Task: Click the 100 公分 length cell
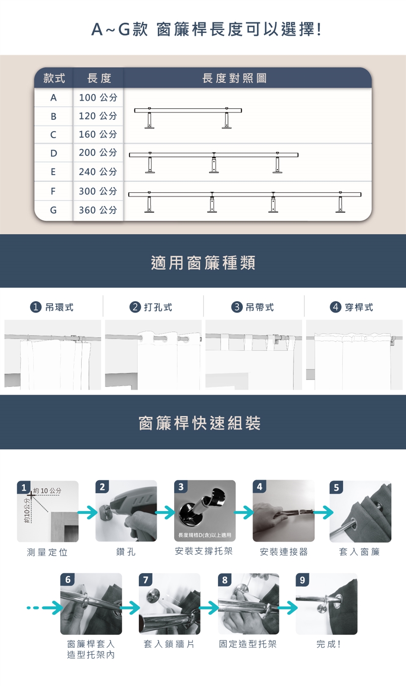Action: (x=98, y=98)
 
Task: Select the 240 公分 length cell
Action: (x=98, y=172)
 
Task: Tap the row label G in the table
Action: (x=53, y=210)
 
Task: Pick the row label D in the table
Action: (x=54, y=153)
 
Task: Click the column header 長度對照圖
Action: (x=234, y=78)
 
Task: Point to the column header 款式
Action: (x=54, y=78)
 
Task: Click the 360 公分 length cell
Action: (x=98, y=210)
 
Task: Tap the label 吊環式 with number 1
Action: (x=52, y=307)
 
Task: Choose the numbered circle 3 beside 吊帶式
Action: (x=236, y=307)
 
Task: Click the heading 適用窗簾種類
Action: (x=203, y=263)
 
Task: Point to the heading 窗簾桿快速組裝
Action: (x=200, y=423)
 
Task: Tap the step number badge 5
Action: (x=336, y=487)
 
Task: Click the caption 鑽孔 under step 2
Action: (x=126, y=552)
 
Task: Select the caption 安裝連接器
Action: (x=283, y=552)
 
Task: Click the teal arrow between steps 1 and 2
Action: (x=87, y=512)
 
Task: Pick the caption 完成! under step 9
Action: (x=328, y=644)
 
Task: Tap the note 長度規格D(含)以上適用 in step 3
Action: (x=205, y=535)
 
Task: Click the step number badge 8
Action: (x=225, y=580)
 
